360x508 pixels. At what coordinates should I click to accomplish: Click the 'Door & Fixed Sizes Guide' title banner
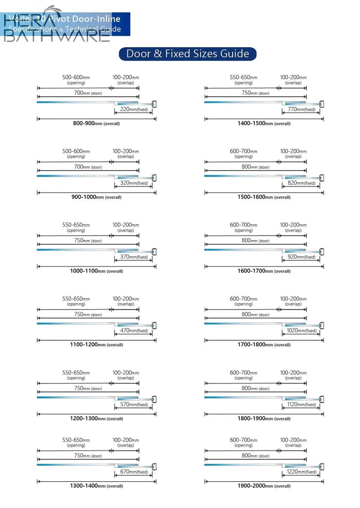pos(187,54)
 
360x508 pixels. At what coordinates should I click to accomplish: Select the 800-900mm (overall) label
pos(96,123)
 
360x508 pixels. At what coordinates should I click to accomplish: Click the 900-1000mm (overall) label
pos(96,197)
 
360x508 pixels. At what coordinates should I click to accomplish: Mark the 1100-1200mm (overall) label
pos(96,345)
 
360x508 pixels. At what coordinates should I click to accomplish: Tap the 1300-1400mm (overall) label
pos(96,486)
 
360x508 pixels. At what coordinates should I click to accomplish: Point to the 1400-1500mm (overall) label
pos(264,123)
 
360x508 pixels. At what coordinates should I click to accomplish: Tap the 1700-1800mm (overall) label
pos(264,345)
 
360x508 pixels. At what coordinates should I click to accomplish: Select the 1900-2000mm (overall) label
pos(264,486)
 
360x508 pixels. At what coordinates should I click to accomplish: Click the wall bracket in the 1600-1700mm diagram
pos(322,252)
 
